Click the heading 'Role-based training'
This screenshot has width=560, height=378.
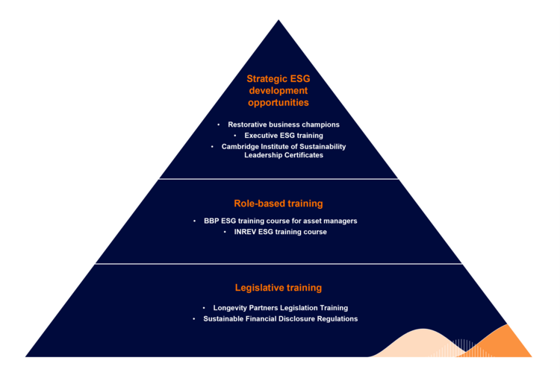(279, 202)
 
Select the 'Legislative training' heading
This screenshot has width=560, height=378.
(279, 287)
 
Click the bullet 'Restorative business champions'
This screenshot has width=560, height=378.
(283, 125)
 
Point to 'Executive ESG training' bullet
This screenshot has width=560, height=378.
(284, 136)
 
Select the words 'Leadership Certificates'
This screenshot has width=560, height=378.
(284, 155)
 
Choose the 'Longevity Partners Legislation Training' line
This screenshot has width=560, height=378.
(280, 307)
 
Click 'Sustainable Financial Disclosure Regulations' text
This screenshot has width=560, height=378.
(281, 318)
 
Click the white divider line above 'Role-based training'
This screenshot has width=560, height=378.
(279, 179)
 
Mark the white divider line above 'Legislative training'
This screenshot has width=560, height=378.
(279, 264)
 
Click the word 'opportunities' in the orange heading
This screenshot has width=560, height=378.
(279, 101)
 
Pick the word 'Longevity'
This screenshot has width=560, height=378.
(230, 307)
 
